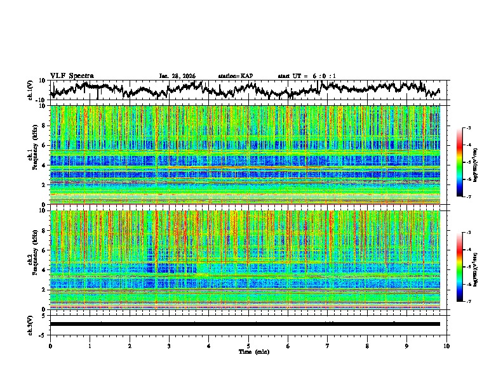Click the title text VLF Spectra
tap(72, 75)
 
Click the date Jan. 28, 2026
tap(177, 76)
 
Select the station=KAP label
tap(236, 76)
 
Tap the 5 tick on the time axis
tap(248, 346)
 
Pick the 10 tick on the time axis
tap(446, 346)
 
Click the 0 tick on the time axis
tap(50, 346)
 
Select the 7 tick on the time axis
tap(328, 346)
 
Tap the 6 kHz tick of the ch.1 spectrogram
tap(44, 145)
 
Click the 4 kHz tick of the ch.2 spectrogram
tap(44, 270)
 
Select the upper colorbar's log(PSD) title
tap(475, 163)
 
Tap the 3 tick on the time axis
tap(169, 346)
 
